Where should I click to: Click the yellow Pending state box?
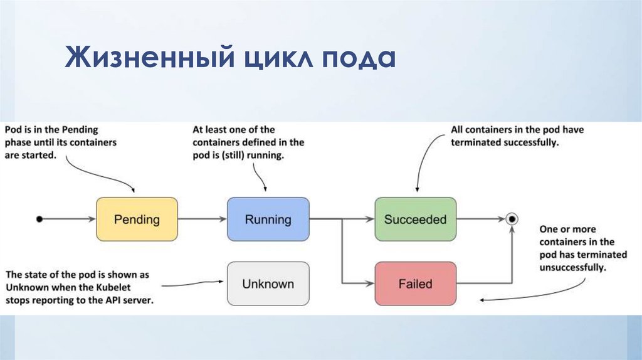tap(137, 220)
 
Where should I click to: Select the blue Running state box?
tap(268, 220)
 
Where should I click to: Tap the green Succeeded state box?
tap(415, 220)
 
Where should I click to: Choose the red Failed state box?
tap(415, 283)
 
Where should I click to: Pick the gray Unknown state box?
tap(268, 283)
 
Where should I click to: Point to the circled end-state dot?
tap(512, 219)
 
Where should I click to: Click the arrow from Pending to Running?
tap(203, 220)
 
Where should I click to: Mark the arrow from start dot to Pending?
tap(68, 220)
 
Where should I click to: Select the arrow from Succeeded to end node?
tap(480, 220)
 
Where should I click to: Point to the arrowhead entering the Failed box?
tap(370, 283)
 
